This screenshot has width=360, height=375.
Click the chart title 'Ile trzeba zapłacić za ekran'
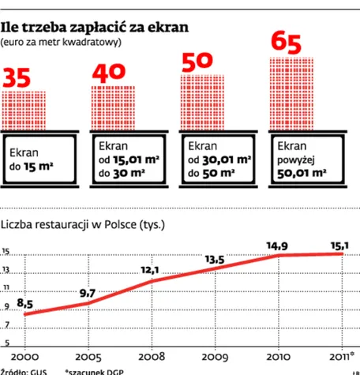[x=95, y=27]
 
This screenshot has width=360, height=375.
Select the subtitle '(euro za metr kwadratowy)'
[x=62, y=42]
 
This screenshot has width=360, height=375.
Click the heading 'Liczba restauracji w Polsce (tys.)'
[x=83, y=224]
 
